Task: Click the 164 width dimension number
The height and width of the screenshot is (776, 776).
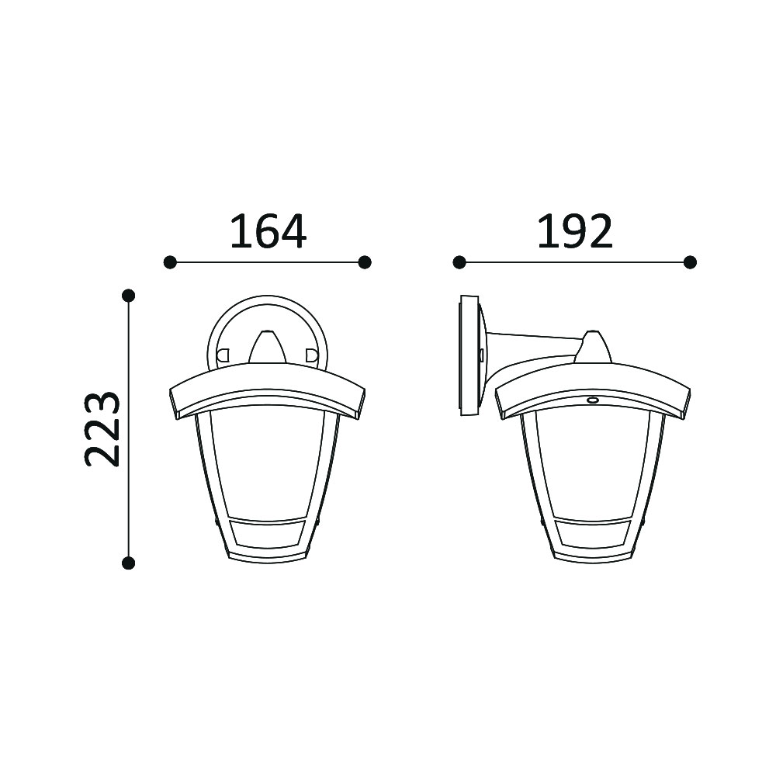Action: point(268,231)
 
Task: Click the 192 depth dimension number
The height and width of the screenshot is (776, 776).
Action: point(575,231)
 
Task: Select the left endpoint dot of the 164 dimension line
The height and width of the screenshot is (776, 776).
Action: point(170,262)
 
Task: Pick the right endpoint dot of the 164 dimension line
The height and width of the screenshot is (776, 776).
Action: point(365,262)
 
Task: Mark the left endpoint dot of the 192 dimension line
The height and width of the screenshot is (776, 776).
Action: point(459,262)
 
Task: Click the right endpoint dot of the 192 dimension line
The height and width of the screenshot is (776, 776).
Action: point(690,262)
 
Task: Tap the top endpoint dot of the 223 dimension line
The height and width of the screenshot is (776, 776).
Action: point(129,296)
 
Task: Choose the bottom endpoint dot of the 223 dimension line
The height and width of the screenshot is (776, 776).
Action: point(129,563)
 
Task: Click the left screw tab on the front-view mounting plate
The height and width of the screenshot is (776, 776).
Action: point(223,355)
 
